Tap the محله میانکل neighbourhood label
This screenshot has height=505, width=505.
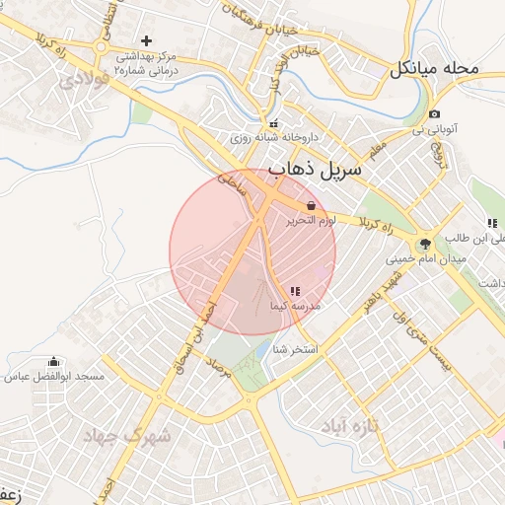tap(434, 68)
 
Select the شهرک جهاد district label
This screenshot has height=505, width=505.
tap(126, 435)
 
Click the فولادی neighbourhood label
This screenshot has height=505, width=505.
tap(84, 78)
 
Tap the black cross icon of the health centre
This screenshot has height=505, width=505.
tap(147, 40)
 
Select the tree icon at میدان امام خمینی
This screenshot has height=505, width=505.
tap(425, 243)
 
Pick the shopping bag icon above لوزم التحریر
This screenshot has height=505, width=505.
tap(312, 205)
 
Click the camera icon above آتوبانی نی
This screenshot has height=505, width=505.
tap(434, 114)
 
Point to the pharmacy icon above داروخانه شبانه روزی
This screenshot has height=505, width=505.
tap(273, 124)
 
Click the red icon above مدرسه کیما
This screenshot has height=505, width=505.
tap(295, 290)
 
